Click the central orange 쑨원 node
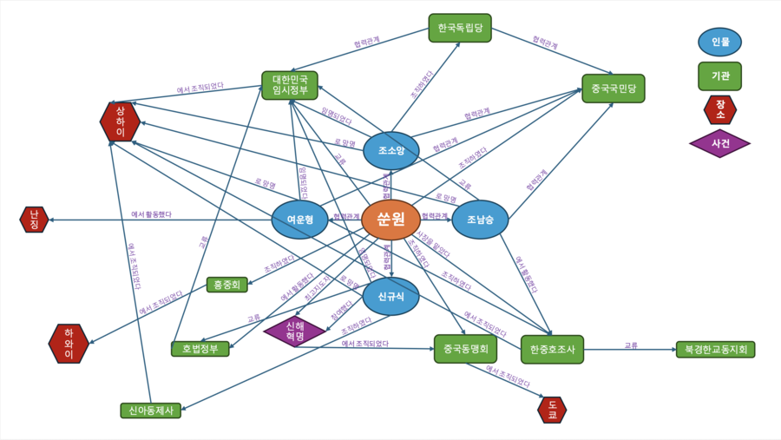coord(390,220)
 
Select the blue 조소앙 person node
coord(390,151)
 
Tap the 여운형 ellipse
coord(299,220)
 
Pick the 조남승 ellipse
coord(480,220)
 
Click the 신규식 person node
coord(390,297)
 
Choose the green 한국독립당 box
coord(460,28)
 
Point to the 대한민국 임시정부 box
coord(290,85)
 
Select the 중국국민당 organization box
coord(613,89)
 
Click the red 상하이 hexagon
coord(120,121)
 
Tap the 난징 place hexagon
coord(34,220)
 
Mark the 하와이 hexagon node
coord(69,344)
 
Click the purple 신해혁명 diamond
coord(294,331)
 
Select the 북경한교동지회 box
coord(715,350)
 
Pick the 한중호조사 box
coord(552,350)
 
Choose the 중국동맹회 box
coord(465,349)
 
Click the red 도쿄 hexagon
coord(552,410)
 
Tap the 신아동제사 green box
coord(151,410)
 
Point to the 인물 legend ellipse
coord(719,42)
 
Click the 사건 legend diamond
coord(719,143)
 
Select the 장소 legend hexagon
coord(719,109)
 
